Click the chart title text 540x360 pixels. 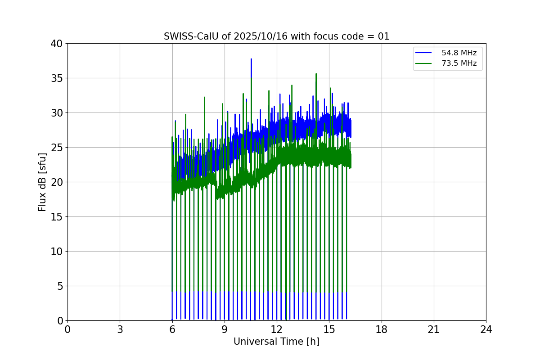pos(276,36)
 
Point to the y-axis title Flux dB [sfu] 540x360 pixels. pos(42,182)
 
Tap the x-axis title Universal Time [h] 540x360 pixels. pos(276,342)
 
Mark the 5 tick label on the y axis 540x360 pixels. pos(59,286)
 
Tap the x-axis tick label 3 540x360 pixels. pos(120,329)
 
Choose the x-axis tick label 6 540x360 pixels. pos(172,329)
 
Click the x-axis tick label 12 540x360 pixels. pos(277,329)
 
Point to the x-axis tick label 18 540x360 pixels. pos(382,329)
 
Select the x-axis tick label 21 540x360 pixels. pos(434,329)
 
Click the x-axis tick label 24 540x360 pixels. pos(486,329)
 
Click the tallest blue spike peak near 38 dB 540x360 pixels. pos(251,59)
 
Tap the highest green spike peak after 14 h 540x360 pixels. pos(316,74)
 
